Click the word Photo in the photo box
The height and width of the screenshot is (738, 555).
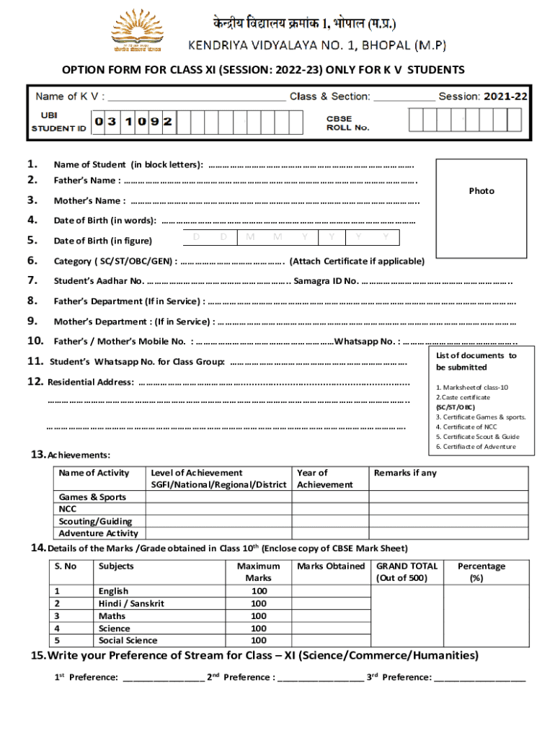click(x=481, y=191)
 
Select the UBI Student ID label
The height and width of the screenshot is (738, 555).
click(x=59, y=122)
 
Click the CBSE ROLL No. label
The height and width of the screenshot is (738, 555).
click(x=348, y=123)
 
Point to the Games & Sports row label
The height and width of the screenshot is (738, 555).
click(x=92, y=497)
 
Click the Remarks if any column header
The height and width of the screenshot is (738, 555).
click(x=405, y=474)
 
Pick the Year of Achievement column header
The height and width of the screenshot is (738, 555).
click(x=325, y=479)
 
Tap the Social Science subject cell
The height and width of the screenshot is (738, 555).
click(x=128, y=641)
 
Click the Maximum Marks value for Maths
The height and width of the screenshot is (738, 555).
click(x=259, y=616)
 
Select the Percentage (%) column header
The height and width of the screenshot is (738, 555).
click(x=481, y=572)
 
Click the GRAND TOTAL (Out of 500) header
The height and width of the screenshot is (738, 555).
click(x=407, y=572)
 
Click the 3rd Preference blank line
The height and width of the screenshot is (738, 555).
click(x=480, y=677)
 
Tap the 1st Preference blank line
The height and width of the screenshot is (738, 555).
click(x=163, y=677)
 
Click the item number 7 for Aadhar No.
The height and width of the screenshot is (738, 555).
click(x=32, y=280)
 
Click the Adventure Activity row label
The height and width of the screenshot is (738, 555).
click(x=98, y=533)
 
